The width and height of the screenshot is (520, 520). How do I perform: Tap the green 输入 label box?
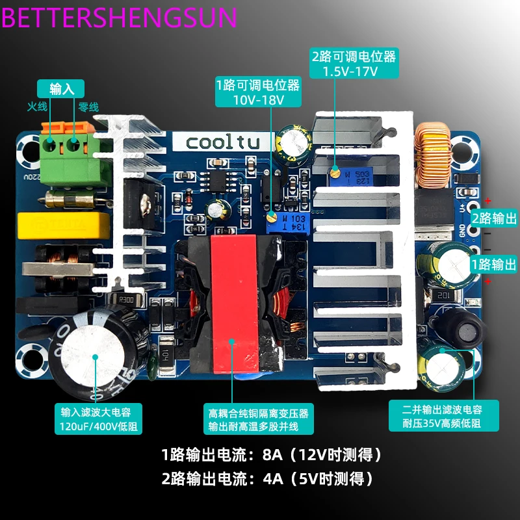62,89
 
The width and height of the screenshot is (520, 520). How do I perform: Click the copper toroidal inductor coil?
432,156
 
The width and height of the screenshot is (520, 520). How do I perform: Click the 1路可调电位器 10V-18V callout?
258,92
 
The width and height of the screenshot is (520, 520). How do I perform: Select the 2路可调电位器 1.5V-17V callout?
354,63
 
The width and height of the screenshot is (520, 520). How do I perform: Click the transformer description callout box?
258,420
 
